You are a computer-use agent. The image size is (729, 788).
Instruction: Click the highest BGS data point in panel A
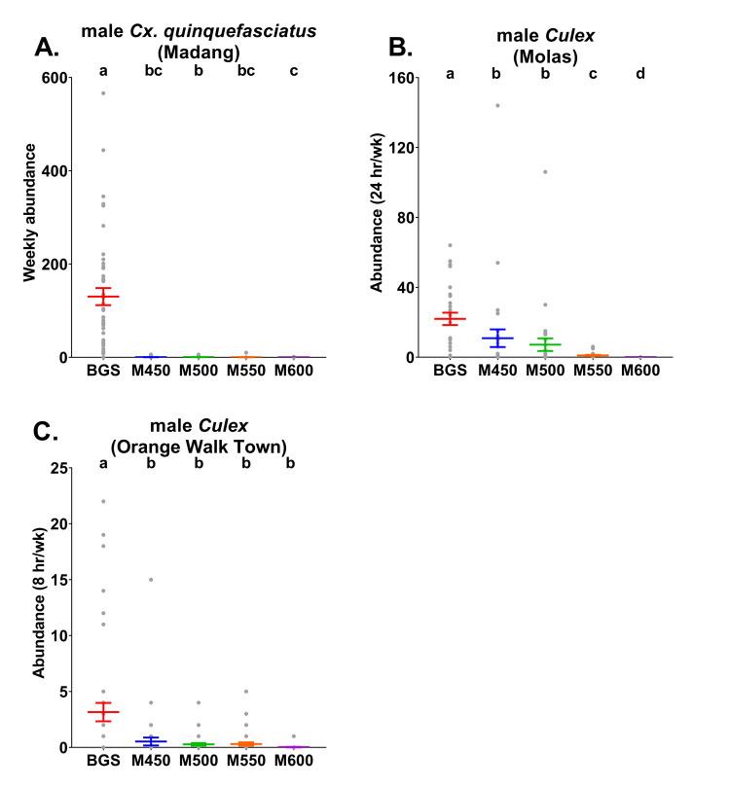point(103,93)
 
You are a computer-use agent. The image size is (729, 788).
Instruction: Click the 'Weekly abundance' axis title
point(30,214)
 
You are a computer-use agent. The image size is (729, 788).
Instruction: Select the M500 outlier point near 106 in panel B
point(545,172)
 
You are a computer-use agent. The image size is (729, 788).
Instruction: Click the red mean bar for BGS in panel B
point(450,319)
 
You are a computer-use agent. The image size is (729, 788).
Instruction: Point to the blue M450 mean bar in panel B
point(497,338)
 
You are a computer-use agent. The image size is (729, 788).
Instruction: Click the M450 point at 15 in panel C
point(151,580)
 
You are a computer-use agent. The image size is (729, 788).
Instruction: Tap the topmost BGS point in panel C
point(103,502)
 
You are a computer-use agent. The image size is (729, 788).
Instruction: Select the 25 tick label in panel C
point(68,468)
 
